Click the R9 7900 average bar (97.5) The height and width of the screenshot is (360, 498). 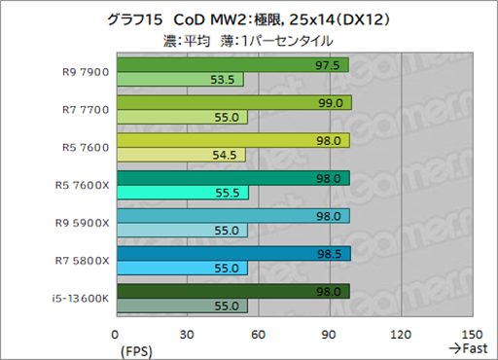point(231,65)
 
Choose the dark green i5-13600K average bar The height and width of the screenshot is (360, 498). point(231,291)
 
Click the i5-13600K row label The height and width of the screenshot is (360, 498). point(79,298)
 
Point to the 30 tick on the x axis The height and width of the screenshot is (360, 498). point(187,333)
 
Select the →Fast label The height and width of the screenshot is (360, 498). point(466,347)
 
